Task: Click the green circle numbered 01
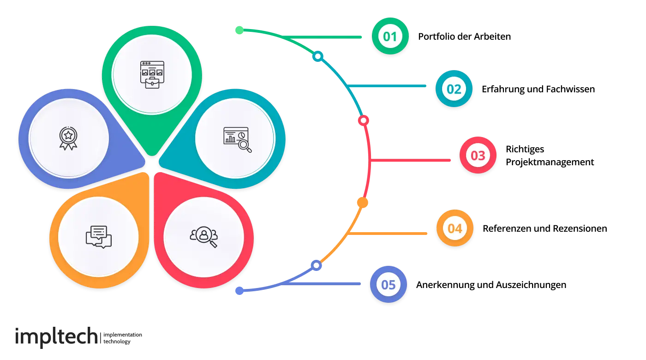(390, 36)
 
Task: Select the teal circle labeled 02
(454, 89)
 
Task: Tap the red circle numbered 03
(478, 156)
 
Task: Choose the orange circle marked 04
(455, 228)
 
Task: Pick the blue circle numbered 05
(389, 285)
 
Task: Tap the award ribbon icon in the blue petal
(68, 138)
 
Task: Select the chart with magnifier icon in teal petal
(237, 139)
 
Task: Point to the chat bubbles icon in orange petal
(99, 237)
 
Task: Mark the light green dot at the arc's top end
(239, 31)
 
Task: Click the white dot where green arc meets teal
(317, 56)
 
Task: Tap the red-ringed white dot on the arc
(364, 120)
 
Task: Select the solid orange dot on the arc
(362, 202)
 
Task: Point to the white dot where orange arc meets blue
(316, 265)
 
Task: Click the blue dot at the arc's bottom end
(239, 290)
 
